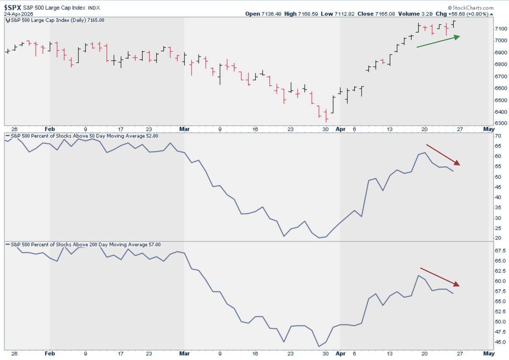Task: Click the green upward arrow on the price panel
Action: pos(439,42)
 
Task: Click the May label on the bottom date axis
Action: pos(489,353)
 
